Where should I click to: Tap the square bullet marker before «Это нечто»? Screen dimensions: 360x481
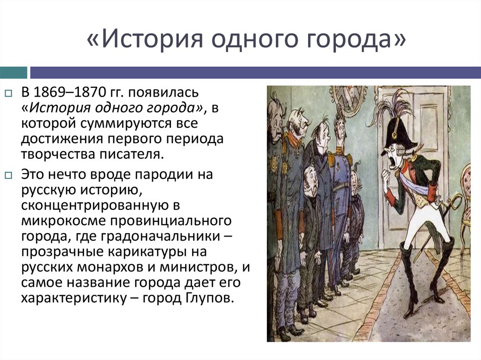pos(8,175)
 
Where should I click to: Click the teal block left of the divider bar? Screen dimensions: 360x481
pos(14,72)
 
